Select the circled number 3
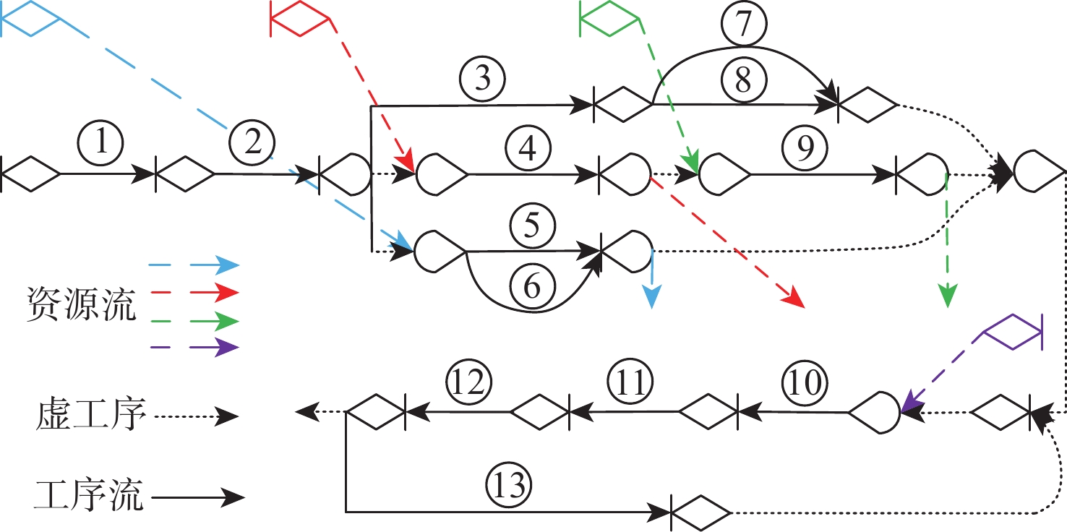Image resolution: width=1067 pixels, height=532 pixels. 485,78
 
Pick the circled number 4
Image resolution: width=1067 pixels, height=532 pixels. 531,148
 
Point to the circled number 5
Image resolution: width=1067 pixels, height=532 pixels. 531,226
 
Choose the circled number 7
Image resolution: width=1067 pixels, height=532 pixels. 743,26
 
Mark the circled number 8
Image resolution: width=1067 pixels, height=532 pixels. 743,79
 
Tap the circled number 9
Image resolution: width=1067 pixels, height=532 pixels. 807,148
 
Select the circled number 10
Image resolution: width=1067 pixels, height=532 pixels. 804,383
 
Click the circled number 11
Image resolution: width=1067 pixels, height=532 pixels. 630,383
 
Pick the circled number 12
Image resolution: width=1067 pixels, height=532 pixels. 468,383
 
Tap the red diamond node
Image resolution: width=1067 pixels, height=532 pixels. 300,17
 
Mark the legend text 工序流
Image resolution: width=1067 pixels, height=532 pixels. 88,497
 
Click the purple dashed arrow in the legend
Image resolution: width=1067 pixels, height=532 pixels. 193,347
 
